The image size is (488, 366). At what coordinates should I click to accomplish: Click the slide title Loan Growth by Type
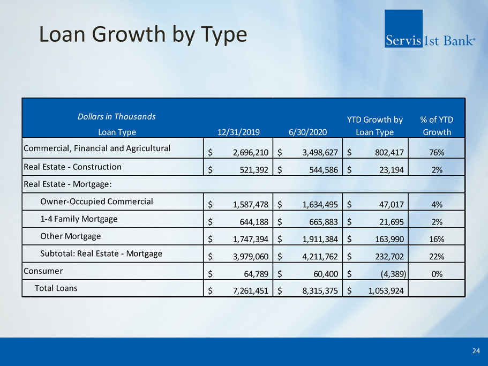(x=144, y=34)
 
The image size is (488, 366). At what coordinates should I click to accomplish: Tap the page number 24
(x=476, y=351)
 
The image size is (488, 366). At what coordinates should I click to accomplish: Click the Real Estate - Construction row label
(x=72, y=167)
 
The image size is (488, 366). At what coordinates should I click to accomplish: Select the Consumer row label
(x=43, y=271)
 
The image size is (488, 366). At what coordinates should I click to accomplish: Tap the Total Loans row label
(x=56, y=288)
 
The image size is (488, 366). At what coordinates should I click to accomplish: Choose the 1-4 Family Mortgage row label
(x=79, y=219)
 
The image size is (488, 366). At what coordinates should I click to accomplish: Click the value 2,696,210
(x=247, y=153)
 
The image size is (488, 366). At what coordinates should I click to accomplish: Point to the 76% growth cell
(x=437, y=153)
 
